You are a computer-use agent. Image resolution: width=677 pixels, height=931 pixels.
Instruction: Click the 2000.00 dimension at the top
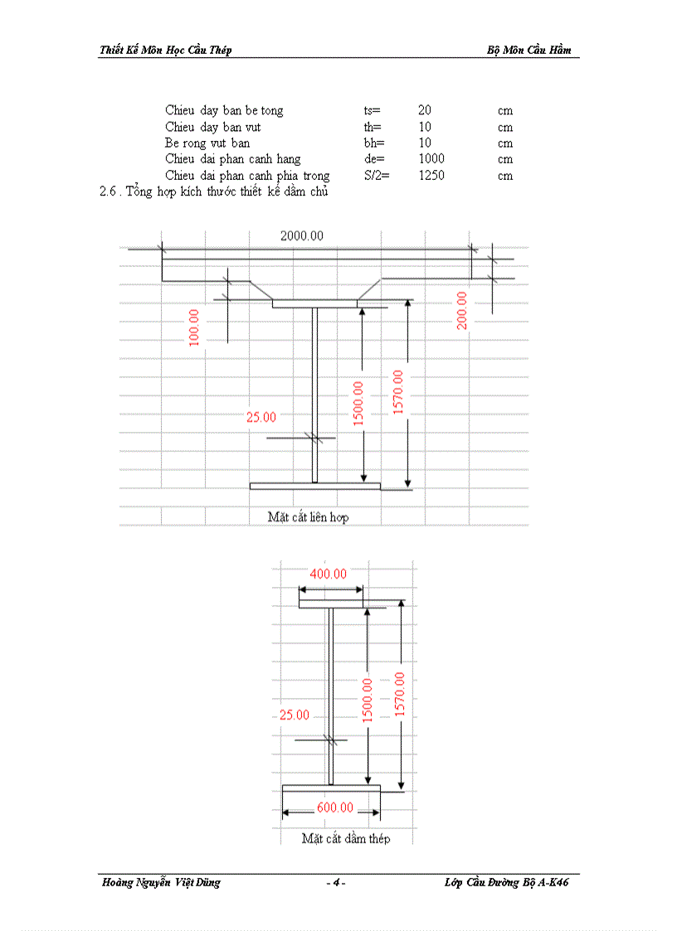[x=301, y=235]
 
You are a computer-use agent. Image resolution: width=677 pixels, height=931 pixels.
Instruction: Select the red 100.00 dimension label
[x=194, y=327]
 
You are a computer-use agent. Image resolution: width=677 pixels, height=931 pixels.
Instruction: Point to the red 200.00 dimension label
[x=462, y=310]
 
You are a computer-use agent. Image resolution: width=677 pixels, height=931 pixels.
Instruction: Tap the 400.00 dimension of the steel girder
[x=328, y=574]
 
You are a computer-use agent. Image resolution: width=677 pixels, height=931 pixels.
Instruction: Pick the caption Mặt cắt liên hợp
[x=308, y=517]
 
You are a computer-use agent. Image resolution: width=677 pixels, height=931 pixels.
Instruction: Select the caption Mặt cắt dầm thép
[x=346, y=838]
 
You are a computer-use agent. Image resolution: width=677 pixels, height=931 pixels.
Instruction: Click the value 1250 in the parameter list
[x=431, y=176]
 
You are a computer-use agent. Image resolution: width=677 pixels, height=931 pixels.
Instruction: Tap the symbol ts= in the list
[x=372, y=110]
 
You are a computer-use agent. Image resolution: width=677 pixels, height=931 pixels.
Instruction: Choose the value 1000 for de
[x=431, y=159]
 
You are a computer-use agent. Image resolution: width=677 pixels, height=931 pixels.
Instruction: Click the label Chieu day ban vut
[x=213, y=127]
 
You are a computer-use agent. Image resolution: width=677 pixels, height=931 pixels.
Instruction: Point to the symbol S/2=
[x=377, y=176]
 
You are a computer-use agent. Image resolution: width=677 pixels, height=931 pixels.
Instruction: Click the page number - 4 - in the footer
[x=336, y=883]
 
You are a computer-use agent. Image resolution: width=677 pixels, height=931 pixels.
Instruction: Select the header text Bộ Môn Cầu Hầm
[x=529, y=50]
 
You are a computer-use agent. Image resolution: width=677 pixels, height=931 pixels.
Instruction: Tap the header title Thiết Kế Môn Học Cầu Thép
[x=165, y=50]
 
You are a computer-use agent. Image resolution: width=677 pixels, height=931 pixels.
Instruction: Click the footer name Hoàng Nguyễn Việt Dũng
[x=159, y=883]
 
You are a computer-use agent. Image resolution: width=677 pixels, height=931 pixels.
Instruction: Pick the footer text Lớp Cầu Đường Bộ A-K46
[x=506, y=883]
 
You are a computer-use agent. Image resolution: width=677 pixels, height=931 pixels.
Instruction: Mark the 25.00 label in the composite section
[x=261, y=418]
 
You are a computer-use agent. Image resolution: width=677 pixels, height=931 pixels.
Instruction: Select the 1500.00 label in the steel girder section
[x=367, y=700]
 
